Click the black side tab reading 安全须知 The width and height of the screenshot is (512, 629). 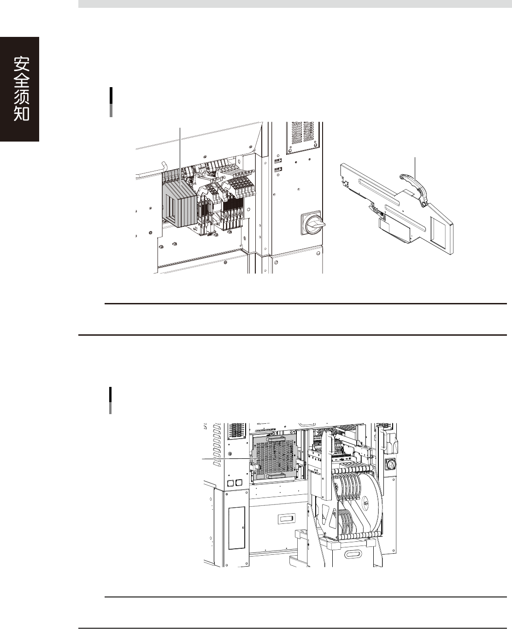pyautogui.click(x=20, y=89)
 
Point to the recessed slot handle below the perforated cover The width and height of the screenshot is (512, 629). pyautogui.click(x=286, y=520)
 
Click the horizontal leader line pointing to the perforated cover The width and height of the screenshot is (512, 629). pyautogui.click(x=228, y=460)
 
